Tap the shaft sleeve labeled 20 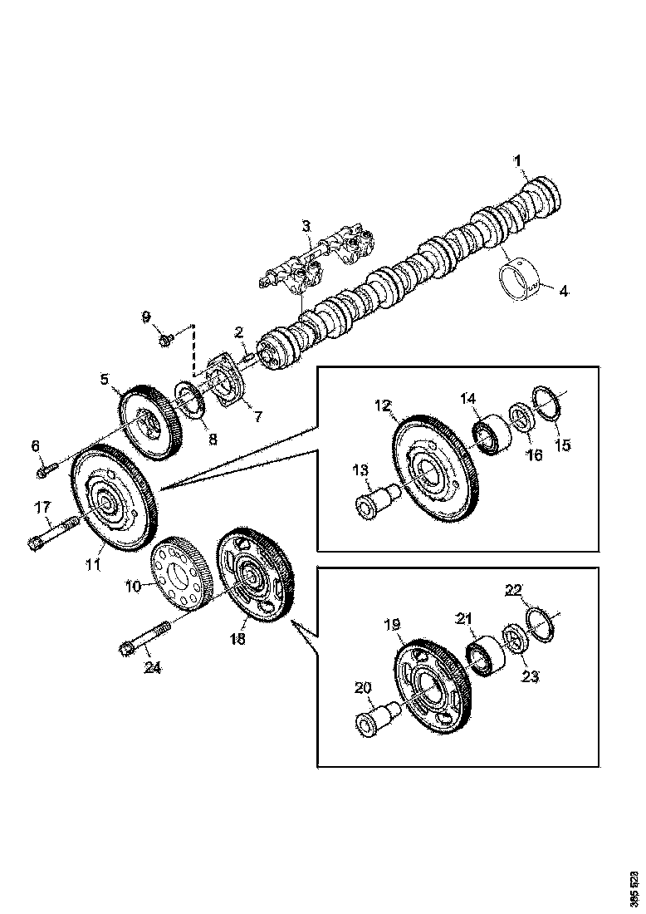(x=375, y=715)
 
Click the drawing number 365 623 (x=634, y=888)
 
